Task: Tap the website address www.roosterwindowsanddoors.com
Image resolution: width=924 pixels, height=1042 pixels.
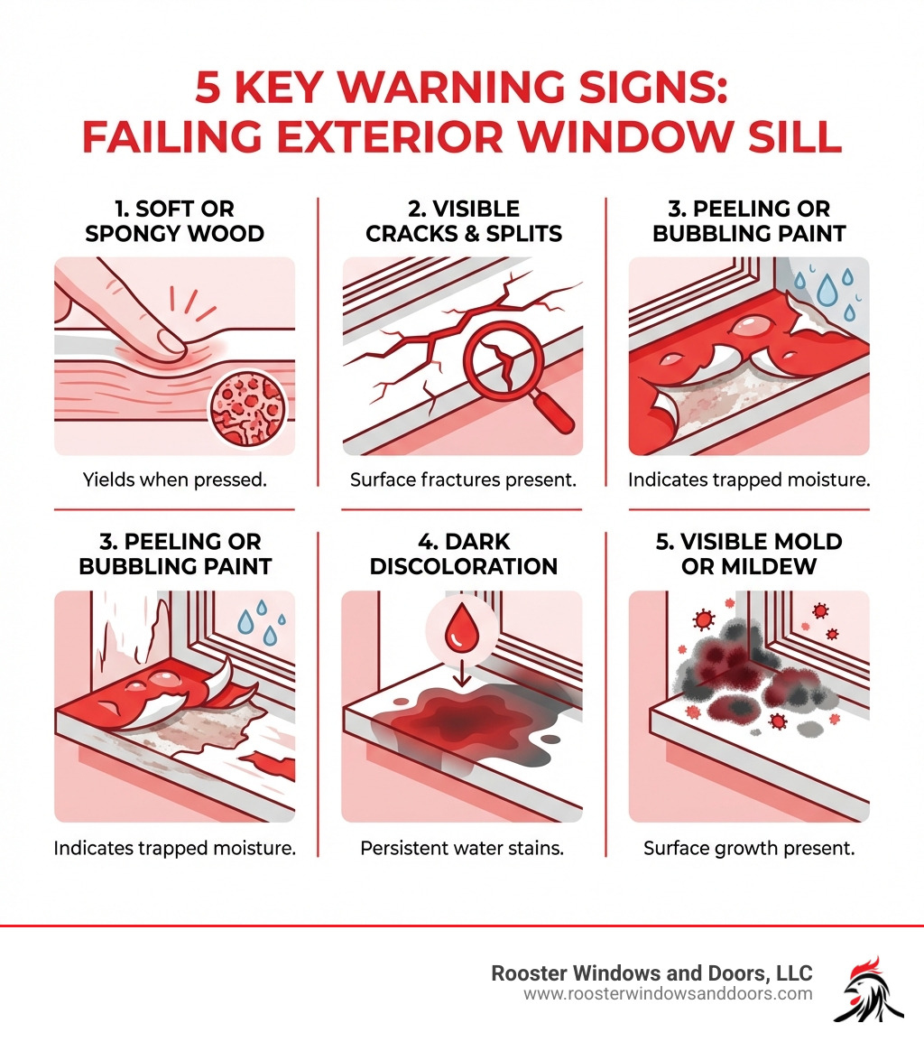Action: pyautogui.click(x=668, y=993)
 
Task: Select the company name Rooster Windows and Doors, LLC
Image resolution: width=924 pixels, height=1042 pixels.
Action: pyautogui.click(x=651, y=972)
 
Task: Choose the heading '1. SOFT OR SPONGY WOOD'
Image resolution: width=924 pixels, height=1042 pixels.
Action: pyautogui.click(x=174, y=221)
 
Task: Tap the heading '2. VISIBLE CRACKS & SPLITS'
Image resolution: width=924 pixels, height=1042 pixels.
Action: pyautogui.click(x=463, y=221)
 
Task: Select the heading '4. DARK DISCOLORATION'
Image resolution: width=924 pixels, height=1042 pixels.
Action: pyautogui.click(x=462, y=554)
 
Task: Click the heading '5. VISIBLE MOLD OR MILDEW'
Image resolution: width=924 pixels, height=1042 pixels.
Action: pyautogui.click(x=748, y=554)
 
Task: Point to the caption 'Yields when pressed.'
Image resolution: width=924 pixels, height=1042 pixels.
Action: pyautogui.click(x=174, y=479)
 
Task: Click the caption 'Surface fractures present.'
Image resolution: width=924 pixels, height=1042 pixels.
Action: pyautogui.click(x=463, y=479)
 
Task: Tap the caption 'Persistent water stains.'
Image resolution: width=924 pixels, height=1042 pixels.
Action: pyautogui.click(x=462, y=849)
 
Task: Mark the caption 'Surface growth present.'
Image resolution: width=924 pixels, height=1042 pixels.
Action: pyautogui.click(x=749, y=849)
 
